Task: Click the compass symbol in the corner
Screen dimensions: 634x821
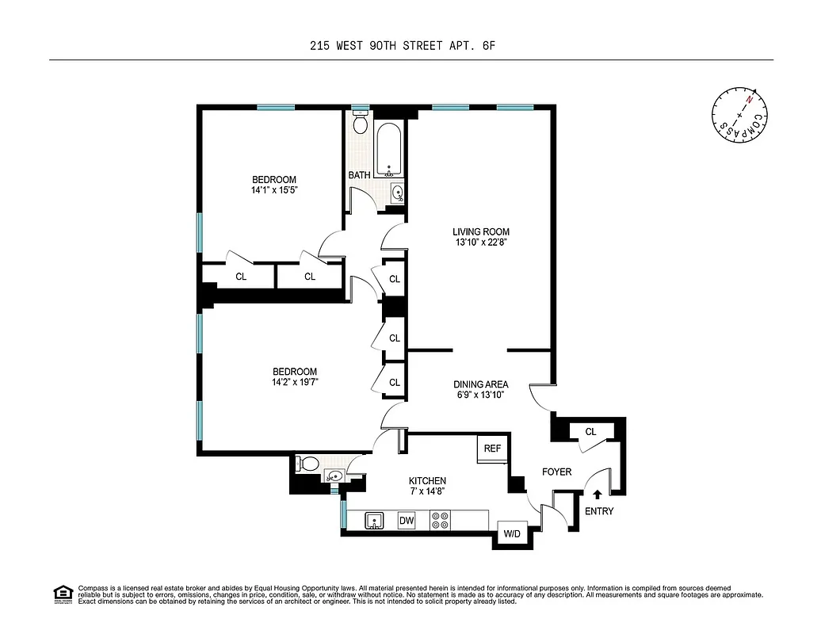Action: pos(739,116)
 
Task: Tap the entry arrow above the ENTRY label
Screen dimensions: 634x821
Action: pos(598,495)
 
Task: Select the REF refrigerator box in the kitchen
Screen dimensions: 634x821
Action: pos(492,449)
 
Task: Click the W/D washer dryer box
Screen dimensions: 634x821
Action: pos(511,534)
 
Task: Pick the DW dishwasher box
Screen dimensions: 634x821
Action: pos(407,521)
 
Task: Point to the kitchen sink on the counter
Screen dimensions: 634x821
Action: pos(375,521)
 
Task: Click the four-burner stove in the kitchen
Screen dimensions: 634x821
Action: pos(439,521)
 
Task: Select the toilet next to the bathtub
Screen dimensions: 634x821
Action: pos(361,124)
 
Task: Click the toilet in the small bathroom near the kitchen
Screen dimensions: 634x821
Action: pos(308,464)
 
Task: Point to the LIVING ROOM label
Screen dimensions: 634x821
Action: pos(481,232)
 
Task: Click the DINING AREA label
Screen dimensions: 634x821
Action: pos(481,384)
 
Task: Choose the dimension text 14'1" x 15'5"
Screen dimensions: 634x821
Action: pos(274,190)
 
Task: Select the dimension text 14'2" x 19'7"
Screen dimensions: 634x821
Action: pos(295,382)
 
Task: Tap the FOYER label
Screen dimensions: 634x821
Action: pos(556,472)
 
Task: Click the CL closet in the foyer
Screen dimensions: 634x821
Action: pos(590,432)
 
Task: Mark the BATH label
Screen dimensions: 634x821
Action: pos(359,175)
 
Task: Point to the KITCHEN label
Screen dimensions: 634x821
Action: pos(427,481)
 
